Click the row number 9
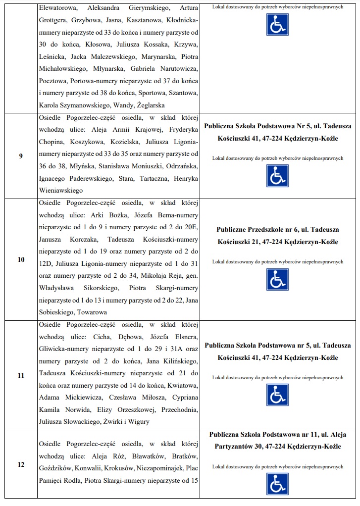[21, 156]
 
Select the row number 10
[21, 259]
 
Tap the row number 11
[21, 375]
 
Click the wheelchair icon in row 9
[277, 176]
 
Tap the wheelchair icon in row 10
[277, 279]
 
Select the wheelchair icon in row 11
[277, 395]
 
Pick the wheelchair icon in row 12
[277, 484]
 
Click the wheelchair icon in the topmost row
[277, 25]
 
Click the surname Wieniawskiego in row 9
[61, 190]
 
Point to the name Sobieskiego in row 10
[56, 312]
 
